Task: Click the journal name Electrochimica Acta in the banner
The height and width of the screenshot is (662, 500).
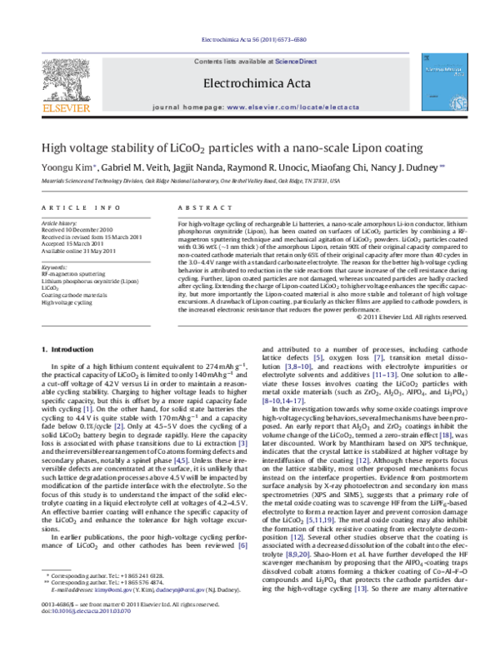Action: [249, 82]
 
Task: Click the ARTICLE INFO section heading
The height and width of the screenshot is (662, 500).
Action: [73, 206]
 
